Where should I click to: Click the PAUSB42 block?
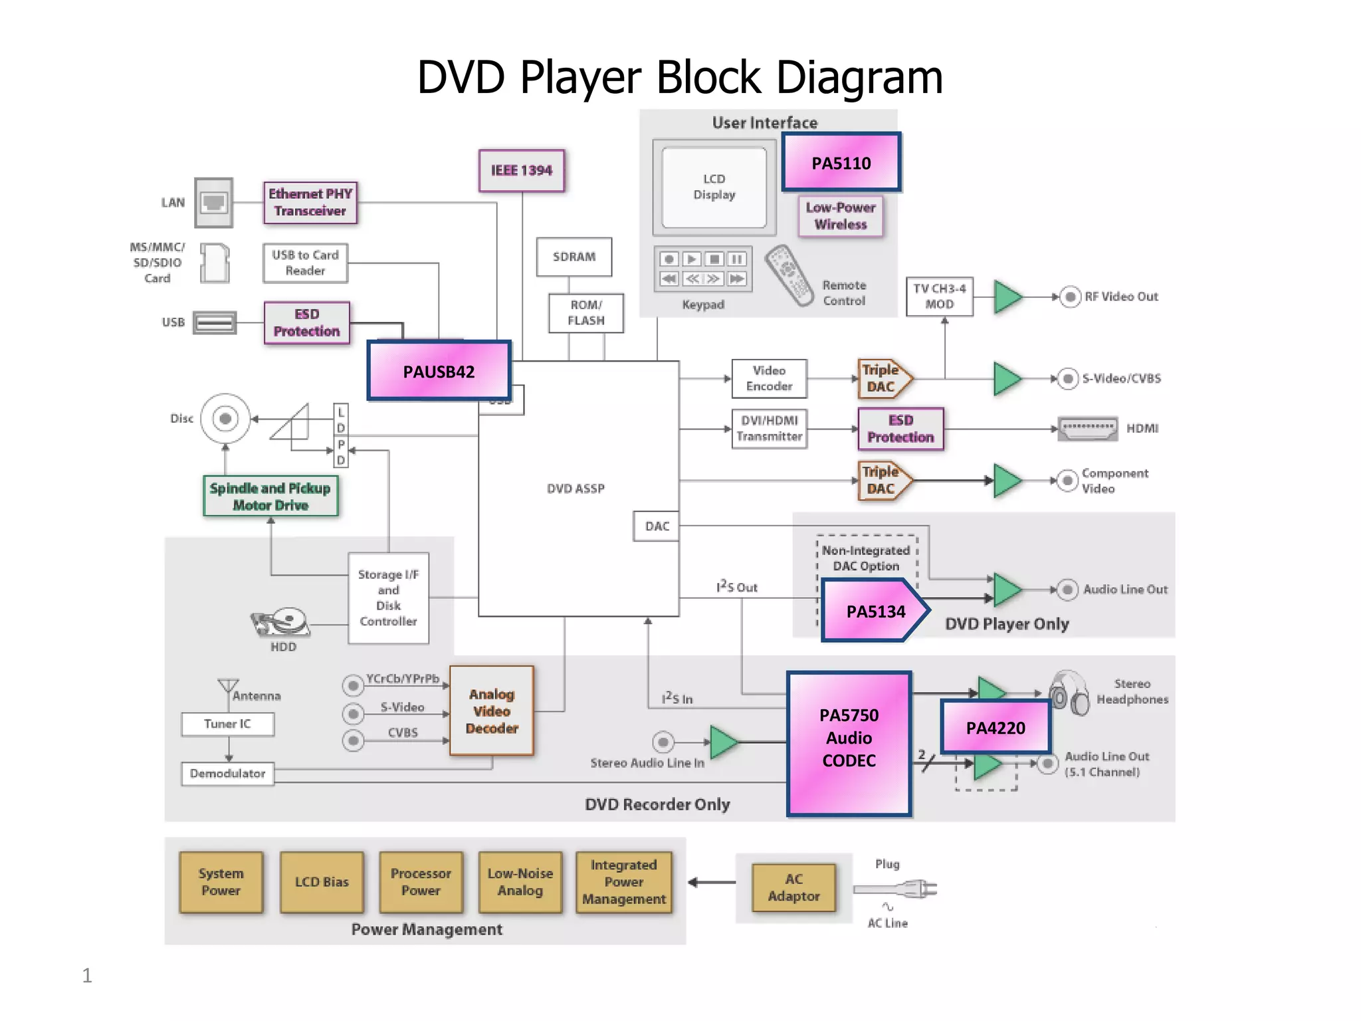coord(439,371)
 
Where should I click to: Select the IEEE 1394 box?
coord(522,171)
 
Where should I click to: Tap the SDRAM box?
coord(574,257)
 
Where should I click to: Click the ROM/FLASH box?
coord(586,312)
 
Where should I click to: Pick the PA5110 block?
coord(841,163)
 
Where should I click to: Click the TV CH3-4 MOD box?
coord(939,296)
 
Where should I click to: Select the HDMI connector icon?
coord(1087,429)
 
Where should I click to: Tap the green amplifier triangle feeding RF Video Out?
coord(1007,296)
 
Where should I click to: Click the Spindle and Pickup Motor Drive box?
coord(270,497)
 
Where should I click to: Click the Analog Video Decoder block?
coord(492,711)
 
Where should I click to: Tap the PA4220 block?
coord(995,727)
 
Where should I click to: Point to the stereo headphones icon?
coord(1069,693)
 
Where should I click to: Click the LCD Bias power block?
coord(322,882)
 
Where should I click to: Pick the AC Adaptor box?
coord(793,887)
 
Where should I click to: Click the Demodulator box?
coord(227,774)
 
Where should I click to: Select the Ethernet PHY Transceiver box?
coord(310,202)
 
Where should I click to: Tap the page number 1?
coord(87,975)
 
